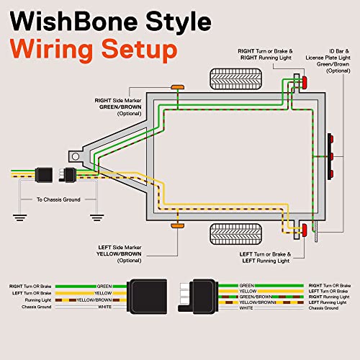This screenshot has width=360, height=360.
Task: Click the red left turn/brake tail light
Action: point(305,230)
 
